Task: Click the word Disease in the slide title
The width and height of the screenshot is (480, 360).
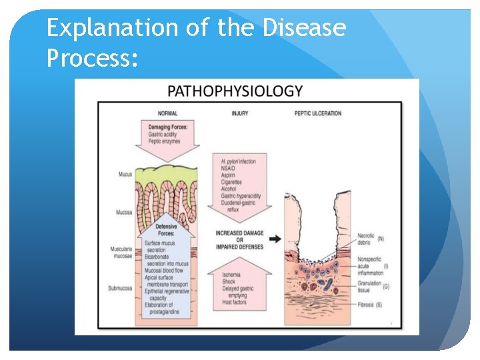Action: pyautogui.click(x=305, y=28)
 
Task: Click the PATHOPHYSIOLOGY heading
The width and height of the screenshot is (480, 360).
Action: pyautogui.click(x=235, y=91)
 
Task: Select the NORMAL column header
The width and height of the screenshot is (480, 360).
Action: pyautogui.click(x=168, y=113)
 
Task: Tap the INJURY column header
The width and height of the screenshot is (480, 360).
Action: pyautogui.click(x=240, y=113)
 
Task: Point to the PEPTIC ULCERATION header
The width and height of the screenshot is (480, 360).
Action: pyautogui.click(x=317, y=113)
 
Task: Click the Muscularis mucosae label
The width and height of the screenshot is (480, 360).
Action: pyautogui.click(x=121, y=252)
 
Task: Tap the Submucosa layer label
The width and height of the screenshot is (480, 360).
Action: pyautogui.click(x=121, y=288)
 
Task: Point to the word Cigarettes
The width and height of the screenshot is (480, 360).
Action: pyautogui.click(x=231, y=181)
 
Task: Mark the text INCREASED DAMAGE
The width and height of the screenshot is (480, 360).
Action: pyautogui.click(x=239, y=233)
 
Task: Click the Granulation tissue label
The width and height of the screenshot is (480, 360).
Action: pyautogui.click(x=369, y=287)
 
